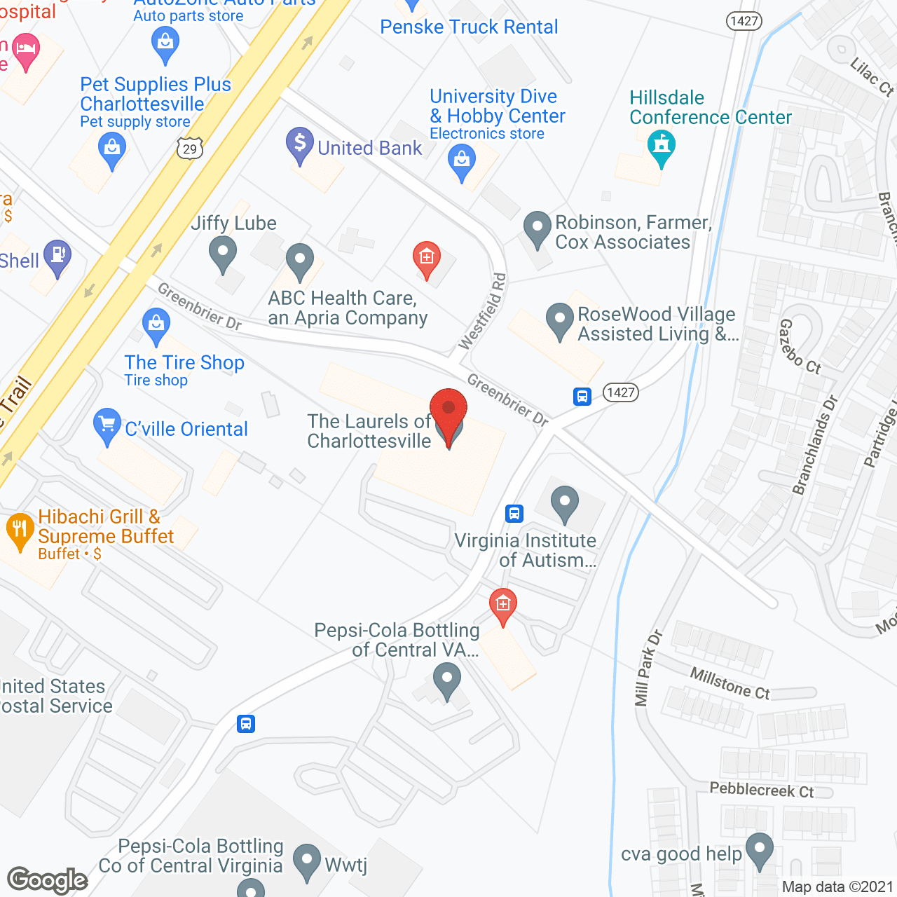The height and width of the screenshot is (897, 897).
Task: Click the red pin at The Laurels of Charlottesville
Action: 448,413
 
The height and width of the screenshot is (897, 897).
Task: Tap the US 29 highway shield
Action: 190,149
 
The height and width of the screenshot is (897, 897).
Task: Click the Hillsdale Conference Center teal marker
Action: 661,148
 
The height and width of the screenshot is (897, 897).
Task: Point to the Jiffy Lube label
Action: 233,223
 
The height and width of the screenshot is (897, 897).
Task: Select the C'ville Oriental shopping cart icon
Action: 107,425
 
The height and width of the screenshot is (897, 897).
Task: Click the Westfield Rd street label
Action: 482,312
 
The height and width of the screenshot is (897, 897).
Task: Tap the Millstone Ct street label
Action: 730,683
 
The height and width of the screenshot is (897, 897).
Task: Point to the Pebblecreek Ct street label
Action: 762,790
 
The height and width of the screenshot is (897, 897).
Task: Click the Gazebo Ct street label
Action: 800,346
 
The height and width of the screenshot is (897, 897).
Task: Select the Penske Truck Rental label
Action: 469,27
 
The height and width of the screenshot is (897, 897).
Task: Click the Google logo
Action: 48,880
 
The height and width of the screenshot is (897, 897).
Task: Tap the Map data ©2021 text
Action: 837,886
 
